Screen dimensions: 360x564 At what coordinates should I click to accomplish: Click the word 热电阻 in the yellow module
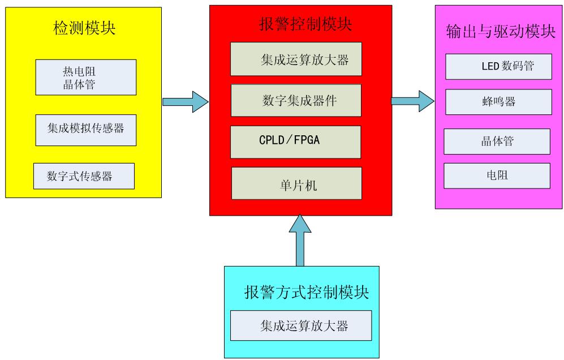click(x=77, y=72)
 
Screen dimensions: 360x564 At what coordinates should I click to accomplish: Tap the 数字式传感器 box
click(x=84, y=176)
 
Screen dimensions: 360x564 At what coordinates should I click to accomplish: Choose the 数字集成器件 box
click(x=296, y=100)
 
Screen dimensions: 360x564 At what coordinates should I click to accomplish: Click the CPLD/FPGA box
click(x=296, y=142)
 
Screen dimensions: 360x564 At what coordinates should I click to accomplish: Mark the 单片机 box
click(x=296, y=183)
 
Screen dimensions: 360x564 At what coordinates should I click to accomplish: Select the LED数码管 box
click(x=498, y=67)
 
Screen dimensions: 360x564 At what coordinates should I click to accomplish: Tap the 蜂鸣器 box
click(x=498, y=102)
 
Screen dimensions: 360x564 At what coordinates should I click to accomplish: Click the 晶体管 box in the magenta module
click(x=497, y=142)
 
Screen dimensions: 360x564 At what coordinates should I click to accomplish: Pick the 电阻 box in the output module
click(x=497, y=175)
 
